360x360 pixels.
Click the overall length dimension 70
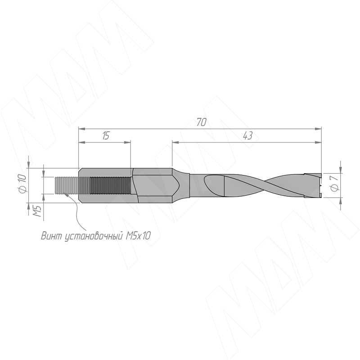coord(201,122)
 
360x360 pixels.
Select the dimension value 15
coord(105,136)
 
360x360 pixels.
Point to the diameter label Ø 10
coord(22,183)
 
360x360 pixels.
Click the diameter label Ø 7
coord(335,183)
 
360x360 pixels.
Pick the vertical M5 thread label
coord(37,211)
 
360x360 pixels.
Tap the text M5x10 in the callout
coord(138,235)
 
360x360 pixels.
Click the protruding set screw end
coord(67,185)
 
